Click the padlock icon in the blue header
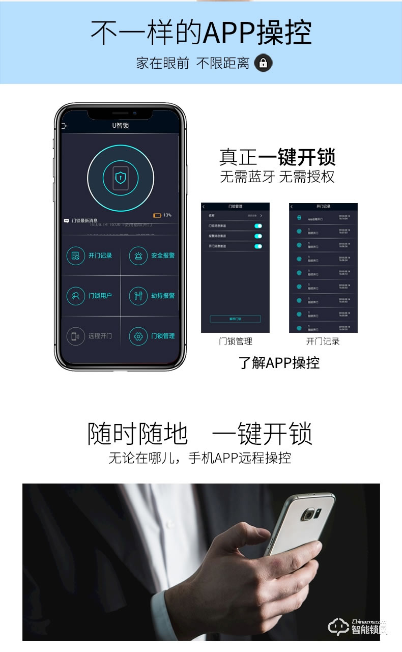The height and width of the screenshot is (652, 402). (x=263, y=63)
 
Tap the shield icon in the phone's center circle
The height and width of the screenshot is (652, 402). (x=121, y=177)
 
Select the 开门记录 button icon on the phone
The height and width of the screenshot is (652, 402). (x=76, y=256)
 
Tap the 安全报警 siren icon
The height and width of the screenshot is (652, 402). (x=138, y=256)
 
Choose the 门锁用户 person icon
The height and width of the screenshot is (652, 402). (x=76, y=296)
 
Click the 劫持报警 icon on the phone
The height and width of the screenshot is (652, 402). (x=138, y=296)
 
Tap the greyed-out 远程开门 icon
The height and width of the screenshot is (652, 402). (x=76, y=336)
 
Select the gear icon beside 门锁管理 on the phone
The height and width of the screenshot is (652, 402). (x=138, y=336)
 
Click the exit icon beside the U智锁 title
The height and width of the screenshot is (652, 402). (x=64, y=126)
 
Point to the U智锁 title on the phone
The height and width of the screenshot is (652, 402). (x=121, y=126)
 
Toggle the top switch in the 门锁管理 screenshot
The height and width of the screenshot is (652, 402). (x=258, y=225)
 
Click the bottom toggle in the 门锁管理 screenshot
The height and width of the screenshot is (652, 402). (x=258, y=246)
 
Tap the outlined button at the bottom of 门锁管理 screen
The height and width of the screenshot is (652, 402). (x=235, y=319)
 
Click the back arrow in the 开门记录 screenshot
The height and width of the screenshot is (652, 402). (x=292, y=207)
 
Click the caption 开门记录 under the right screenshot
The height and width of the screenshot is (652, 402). (x=323, y=342)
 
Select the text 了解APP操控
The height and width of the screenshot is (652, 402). (x=279, y=363)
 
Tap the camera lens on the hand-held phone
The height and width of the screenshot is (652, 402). (x=308, y=515)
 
